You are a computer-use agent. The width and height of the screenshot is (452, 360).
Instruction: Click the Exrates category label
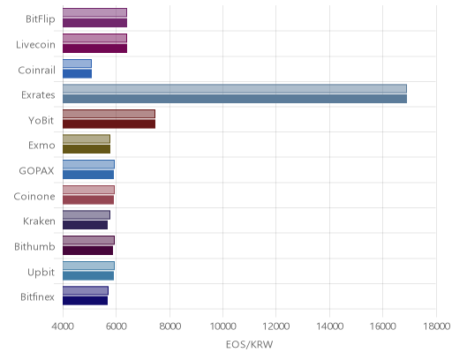(38, 95)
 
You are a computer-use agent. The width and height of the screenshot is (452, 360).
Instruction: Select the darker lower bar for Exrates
(235, 99)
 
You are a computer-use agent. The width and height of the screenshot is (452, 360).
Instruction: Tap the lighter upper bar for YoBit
(109, 114)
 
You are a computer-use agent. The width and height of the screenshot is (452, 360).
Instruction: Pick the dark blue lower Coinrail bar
(77, 74)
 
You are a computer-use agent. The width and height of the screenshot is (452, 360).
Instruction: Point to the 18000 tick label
(437, 326)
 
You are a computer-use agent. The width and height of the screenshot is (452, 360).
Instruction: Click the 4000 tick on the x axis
(63, 326)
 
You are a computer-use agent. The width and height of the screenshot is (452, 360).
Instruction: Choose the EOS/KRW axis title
(249, 344)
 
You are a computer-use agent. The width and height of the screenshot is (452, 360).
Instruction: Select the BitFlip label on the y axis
(41, 19)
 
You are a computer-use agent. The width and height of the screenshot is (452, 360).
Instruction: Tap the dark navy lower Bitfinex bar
(85, 301)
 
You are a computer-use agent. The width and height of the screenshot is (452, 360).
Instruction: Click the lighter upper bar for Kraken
(87, 215)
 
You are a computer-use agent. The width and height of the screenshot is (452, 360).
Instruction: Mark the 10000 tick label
(222, 326)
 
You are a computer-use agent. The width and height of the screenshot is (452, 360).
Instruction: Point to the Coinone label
(34, 196)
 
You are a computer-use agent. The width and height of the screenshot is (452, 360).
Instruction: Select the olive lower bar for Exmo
(87, 149)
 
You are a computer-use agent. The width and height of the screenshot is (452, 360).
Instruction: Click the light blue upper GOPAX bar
(88, 164)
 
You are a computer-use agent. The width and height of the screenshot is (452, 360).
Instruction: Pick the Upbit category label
(41, 273)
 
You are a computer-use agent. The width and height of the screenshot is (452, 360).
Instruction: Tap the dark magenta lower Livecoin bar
(94, 49)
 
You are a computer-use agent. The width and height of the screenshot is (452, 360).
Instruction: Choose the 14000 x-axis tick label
(329, 326)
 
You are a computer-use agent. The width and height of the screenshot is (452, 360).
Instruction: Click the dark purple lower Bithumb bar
(87, 251)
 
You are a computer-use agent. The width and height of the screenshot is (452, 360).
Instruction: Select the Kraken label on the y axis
(39, 221)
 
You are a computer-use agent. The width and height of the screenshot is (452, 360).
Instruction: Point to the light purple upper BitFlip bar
(94, 12)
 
